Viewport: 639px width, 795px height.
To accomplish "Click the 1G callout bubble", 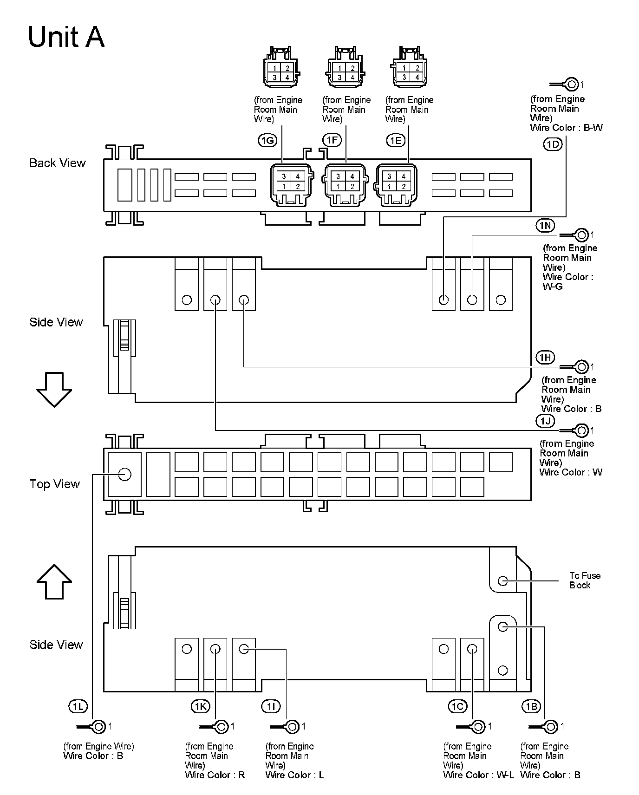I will (267, 140).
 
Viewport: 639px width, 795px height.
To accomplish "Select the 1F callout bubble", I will (332, 140).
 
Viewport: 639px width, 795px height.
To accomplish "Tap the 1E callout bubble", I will (396, 140).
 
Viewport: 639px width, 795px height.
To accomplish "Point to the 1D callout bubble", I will (553, 144).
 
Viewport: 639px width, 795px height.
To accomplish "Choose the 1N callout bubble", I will (545, 226).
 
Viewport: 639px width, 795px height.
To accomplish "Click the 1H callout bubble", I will (545, 357).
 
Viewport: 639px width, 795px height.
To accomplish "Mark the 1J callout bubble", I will (545, 421).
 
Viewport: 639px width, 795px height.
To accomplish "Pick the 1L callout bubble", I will (78, 707).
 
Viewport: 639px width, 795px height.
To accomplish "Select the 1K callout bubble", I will (200, 707).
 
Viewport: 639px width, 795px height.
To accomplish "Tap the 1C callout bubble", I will (457, 707).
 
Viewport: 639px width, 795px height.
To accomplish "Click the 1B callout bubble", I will (531, 707).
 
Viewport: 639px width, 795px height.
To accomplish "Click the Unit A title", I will (66, 37).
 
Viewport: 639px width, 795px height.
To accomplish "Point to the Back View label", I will (58, 163).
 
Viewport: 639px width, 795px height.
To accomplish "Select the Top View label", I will (55, 484).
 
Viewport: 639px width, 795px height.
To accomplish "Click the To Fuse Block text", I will (585, 580).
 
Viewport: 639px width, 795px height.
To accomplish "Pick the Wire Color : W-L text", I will (478, 775).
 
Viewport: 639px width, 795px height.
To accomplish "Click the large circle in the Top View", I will (124, 475).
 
